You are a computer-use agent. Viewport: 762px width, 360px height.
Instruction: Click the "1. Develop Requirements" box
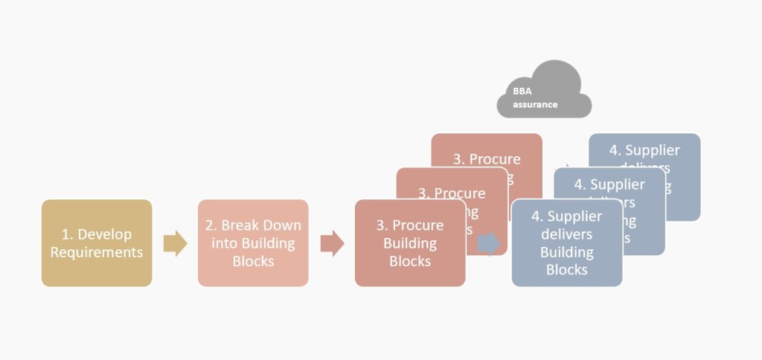pyautogui.click(x=97, y=242)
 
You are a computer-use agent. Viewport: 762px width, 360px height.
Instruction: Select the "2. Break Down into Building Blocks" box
pyautogui.click(x=253, y=242)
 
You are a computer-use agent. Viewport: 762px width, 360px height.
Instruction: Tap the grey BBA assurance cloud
pyautogui.click(x=543, y=91)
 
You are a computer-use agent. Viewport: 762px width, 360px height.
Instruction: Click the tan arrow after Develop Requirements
pyautogui.click(x=175, y=242)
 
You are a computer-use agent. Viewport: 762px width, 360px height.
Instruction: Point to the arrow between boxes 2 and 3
pyautogui.click(x=332, y=242)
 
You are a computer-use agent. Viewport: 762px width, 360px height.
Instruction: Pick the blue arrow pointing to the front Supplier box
pyautogui.click(x=489, y=242)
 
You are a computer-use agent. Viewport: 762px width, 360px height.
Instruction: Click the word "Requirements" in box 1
pyautogui.click(x=97, y=252)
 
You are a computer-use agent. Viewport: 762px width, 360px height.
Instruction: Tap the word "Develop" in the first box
pyautogui.click(x=105, y=234)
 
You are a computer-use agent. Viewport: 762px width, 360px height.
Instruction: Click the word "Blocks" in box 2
pyautogui.click(x=253, y=261)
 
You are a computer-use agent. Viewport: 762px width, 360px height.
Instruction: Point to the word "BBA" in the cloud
pyautogui.click(x=522, y=91)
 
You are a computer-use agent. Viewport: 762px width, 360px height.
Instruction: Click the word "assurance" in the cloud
pyautogui.click(x=535, y=105)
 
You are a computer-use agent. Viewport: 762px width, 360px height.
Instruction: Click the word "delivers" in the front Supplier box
pyautogui.click(x=567, y=234)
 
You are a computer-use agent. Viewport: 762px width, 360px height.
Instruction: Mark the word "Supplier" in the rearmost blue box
pyautogui.click(x=653, y=150)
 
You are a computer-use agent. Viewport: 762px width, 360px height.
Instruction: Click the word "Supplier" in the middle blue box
pyautogui.click(x=618, y=184)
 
